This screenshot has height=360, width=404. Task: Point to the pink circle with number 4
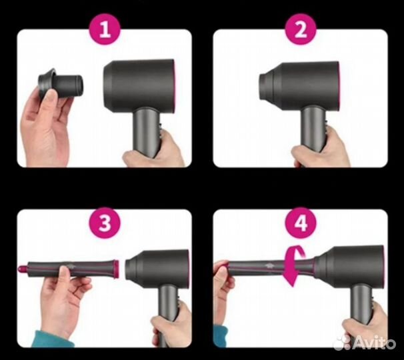point(300,223)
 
